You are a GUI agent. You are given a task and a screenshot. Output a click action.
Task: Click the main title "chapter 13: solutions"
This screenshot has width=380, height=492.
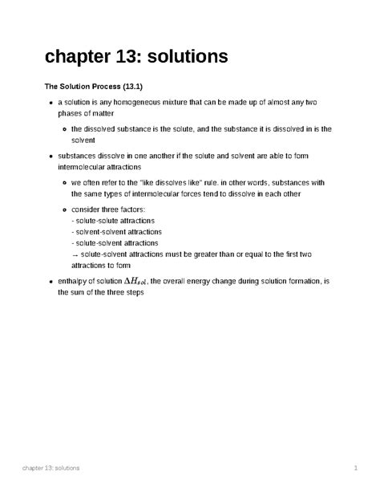pyautogui.click(x=135, y=57)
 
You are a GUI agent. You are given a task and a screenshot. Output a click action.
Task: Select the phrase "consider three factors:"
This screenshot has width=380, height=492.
pyautogui.click(x=110, y=208)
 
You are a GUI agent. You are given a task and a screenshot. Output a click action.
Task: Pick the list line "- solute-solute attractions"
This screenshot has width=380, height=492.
pyautogui.click(x=113, y=219)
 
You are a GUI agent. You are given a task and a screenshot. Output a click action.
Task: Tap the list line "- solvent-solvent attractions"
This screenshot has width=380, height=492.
pyautogui.click(x=117, y=231)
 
